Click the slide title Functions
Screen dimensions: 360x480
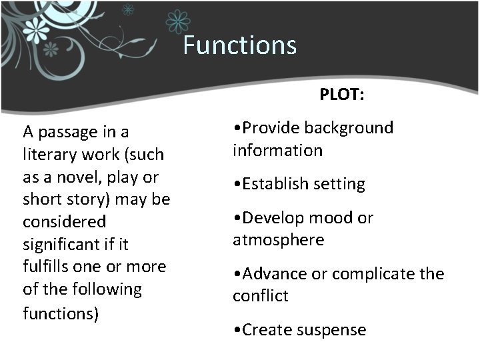tap(239, 45)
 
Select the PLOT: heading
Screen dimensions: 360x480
tap(341, 95)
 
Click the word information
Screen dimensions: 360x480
tap(277, 150)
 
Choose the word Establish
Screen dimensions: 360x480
tap(273, 183)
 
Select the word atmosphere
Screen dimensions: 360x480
tap(278, 239)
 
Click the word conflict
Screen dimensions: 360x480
tap(261, 295)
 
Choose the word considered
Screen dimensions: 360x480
tap(64, 221)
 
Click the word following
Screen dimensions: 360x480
tap(109, 289)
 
